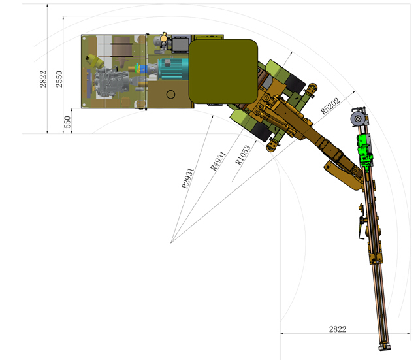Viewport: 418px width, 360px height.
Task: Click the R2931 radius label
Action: click(187, 178)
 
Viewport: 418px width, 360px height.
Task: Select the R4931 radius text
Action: click(218, 161)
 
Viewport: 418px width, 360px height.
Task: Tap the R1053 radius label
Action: click(243, 155)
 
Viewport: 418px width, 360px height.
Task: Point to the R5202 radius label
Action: click(330, 106)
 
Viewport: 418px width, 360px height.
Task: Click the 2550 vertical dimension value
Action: click(59, 79)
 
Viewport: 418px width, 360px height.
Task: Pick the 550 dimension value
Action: click(68, 122)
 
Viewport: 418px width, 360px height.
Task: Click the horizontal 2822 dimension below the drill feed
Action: click(338, 329)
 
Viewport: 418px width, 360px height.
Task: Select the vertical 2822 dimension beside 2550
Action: click(43, 79)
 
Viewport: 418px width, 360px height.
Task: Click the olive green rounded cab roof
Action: click(223, 71)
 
